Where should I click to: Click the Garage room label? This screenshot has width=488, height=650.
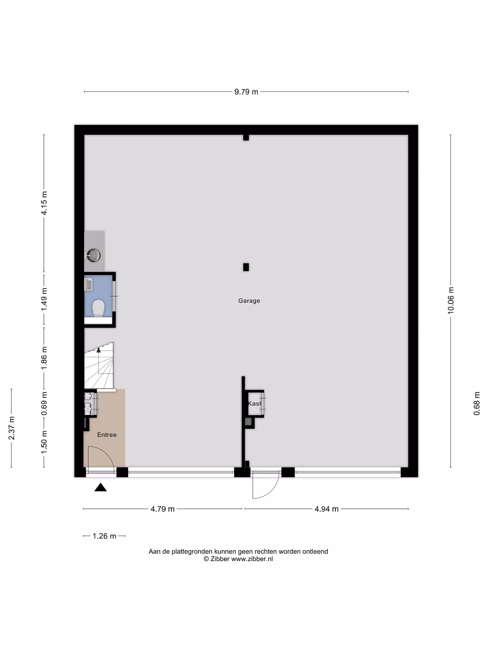click(x=249, y=301)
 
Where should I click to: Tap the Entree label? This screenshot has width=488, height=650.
click(x=107, y=435)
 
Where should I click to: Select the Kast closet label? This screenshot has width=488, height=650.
click(x=254, y=403)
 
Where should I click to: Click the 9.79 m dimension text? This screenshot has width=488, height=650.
click(x=246, y=92)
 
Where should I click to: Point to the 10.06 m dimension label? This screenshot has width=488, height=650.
click(x=451, y=301)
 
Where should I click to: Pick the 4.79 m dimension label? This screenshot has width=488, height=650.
click(x=162, y=509)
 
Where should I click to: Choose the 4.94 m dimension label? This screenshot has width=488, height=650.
click(x=326, y=509)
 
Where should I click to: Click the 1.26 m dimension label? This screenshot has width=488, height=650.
click(x=104, y=536)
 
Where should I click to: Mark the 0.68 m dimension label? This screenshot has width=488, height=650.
click(x=477, y=403)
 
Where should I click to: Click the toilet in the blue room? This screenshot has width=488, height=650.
click(x=98, y=308)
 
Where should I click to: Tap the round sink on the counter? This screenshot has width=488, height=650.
click(x=93, y=255)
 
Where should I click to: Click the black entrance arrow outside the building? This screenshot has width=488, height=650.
click(x=100, y=487)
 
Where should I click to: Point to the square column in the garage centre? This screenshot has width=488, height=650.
click(x=246, y=267)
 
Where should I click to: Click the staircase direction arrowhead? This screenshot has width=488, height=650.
click(x=99, y=350)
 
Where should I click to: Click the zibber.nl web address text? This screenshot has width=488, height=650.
click(x=252, y=559)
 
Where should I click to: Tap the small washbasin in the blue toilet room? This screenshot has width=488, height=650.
click(x=89, y=284)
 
